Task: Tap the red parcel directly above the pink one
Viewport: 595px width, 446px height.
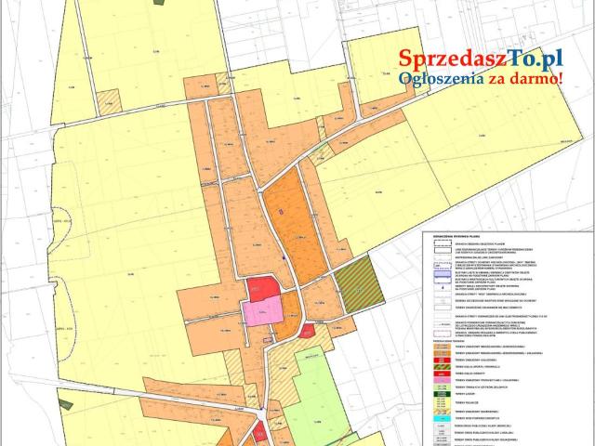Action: tap(263, 289)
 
